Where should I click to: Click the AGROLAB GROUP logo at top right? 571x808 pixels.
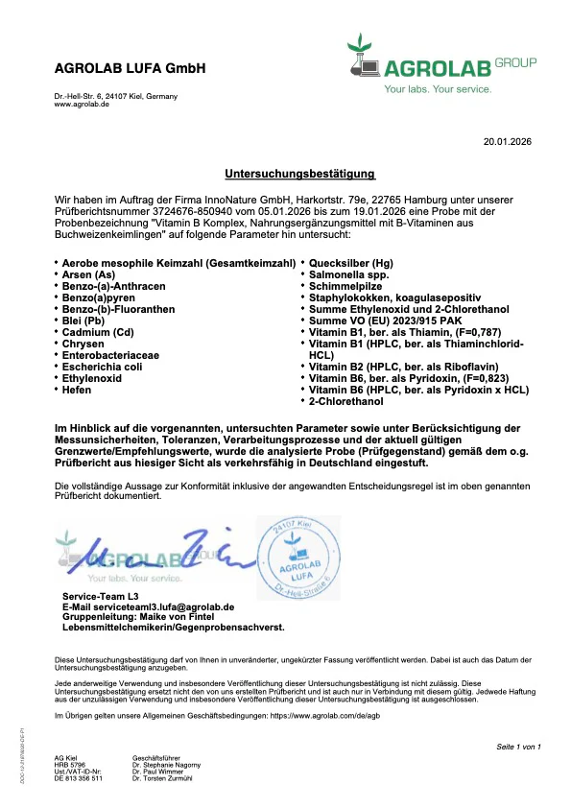440,64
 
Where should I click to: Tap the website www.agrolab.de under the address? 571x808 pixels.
82,104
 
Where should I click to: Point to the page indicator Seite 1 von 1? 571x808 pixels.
518,746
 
